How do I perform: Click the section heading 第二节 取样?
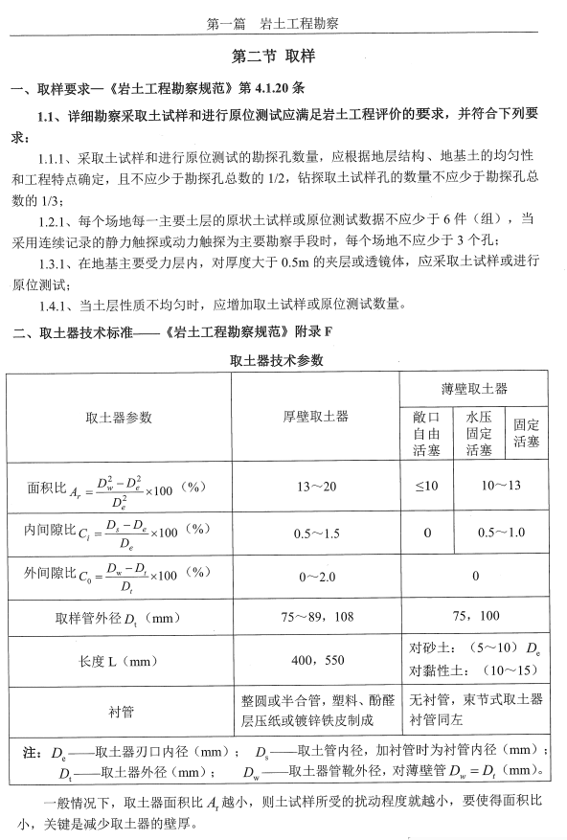283,57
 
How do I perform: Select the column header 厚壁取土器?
315,417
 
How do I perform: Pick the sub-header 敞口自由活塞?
425,433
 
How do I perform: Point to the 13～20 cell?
315,487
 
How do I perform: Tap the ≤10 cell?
425,487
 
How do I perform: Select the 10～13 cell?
502,487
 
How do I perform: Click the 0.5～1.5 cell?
315,534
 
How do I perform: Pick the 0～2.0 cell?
315,577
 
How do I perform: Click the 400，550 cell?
315,662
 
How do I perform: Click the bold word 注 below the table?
31,751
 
